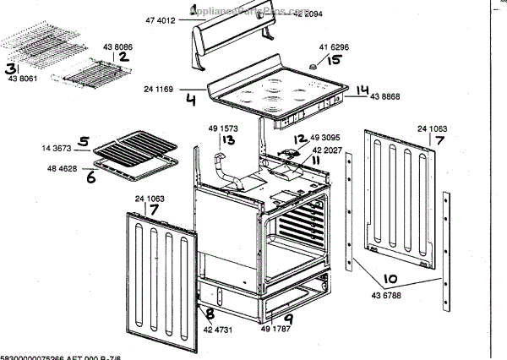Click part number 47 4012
(x=160, y=19)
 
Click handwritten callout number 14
(x=363, y=90)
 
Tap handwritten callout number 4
(x=191, y=100)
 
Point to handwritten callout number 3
(x=11, y=68)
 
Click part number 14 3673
(x=57, y=149)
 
